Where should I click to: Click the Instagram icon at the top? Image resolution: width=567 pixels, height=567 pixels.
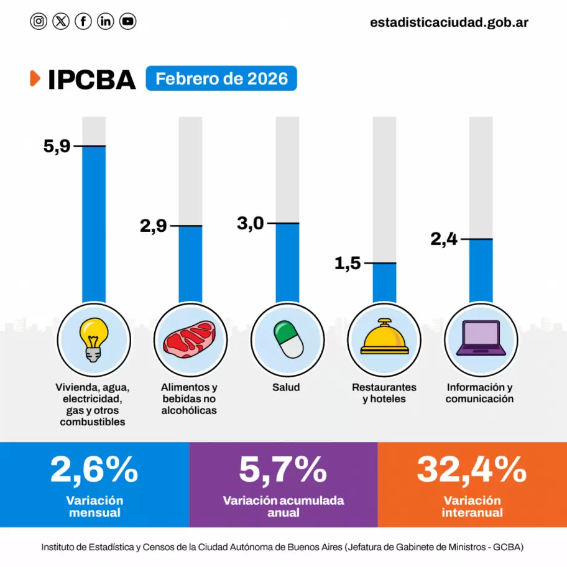coord(39,22)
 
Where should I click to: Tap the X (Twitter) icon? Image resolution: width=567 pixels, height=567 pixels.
coord(61,22)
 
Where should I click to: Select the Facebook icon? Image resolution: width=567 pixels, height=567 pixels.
coord(83,22)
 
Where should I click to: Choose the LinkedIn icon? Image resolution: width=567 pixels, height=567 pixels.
coord(106,22)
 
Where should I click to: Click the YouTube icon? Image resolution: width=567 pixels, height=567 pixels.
coord(128,22)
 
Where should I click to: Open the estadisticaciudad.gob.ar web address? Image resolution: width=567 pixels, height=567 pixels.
coord(449,22)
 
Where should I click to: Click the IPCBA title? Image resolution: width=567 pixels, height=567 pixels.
coord(91,80)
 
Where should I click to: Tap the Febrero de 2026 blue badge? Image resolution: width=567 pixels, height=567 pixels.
coord(221,79)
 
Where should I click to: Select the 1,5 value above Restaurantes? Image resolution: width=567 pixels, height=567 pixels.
coord(348,264)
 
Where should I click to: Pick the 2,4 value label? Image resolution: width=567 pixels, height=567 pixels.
coord(444,239)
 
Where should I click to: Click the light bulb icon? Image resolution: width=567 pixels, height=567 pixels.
coord(94,340)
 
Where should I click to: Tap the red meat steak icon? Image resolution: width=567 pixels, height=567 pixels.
coord(190,340)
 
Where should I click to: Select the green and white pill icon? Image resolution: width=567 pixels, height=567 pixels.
coord(287,340)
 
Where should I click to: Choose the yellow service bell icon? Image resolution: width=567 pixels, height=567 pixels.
coord(384,340)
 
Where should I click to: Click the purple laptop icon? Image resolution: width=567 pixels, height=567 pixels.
coord(480,340)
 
